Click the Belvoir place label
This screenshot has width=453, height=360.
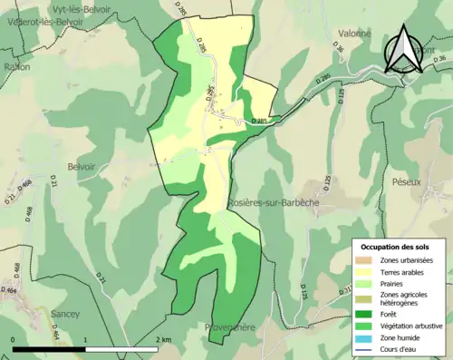(81, 167)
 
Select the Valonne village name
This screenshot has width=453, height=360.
(329, 34)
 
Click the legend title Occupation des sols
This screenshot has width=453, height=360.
(396, 246)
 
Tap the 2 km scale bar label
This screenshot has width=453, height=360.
(163, 340)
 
